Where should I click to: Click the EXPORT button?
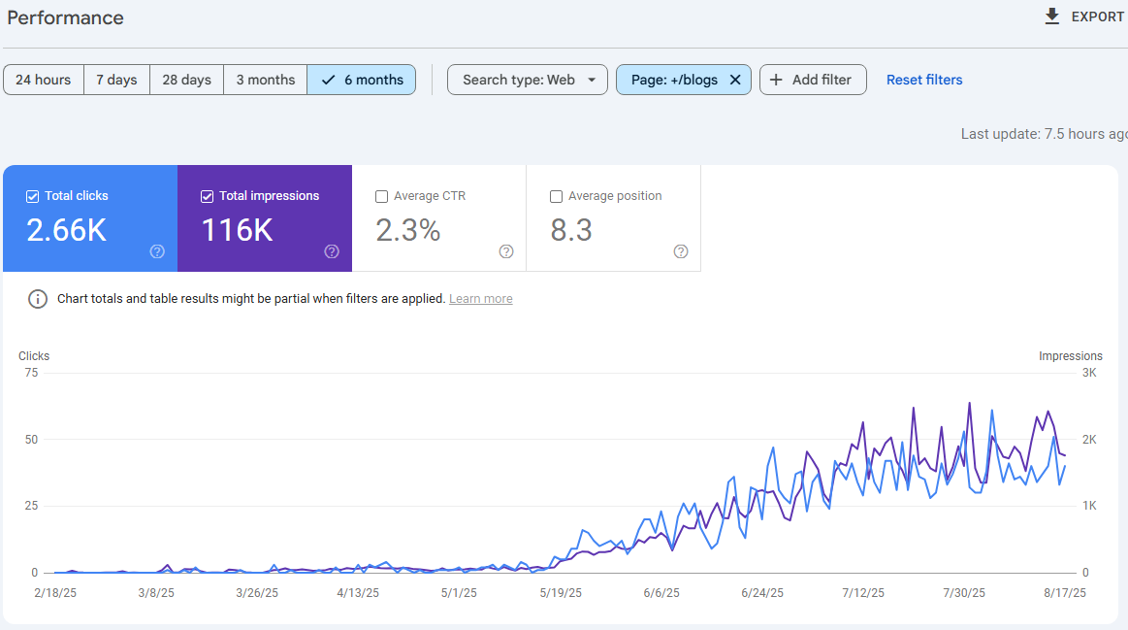pos(1084,17)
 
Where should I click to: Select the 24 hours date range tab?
pos(44,80)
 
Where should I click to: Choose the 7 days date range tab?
pos(116,80)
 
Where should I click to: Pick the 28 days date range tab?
pos(186,80)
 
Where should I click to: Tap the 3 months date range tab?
pos(265,80)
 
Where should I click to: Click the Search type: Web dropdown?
pos(527,80)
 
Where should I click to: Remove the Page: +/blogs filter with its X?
pos(735,80)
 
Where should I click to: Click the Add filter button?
pos(812,80)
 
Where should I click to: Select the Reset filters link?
pos(924,80)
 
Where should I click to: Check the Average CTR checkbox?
pos(381,196)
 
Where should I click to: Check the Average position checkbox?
pos(556,196)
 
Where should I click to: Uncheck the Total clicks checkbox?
pos(32,196)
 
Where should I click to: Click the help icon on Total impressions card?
pos(332,251)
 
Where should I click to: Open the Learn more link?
pos(480,299)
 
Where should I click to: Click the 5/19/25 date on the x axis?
pos(561,592)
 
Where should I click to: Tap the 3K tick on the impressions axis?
pos(1088,373)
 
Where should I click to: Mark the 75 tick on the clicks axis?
pos(30,373)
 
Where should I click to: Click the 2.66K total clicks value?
pos(66,230)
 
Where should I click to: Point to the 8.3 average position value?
pos(571,230)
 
